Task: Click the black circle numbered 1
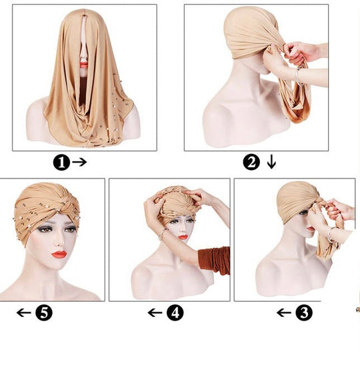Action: pyautogui.click(x=61, y=163)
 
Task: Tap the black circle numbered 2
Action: pyautogui.click(x=251, y=163)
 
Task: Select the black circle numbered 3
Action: pyautogui.click(x=304, y=313)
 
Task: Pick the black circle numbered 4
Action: pyautogui.click(x=175, y=313)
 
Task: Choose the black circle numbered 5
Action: pyautogui.click(x=44, y=313)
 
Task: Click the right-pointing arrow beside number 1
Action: pyautogui.click(x=79, y=162)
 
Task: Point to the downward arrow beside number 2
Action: pyautogui.click(x=271, y=162)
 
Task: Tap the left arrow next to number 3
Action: pyautogui.click(x=284, y=313)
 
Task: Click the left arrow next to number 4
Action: pyautogui.click(x=155, y=313)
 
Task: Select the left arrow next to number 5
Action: pyautogui.click(x=24, y=313)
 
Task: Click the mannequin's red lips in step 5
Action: pyautogui.click(x=59, y=254)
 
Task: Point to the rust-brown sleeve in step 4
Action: pyautogui.click(x=215, y=260)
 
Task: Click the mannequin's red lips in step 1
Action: pyautogui.click(x=83, y=65)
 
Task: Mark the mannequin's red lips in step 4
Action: pyautogui.click(x=183, y=237)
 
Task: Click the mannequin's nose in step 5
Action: pyautogui.click(x=60, y=241)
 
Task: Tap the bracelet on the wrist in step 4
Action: pyautogui.click(x=161, y=234)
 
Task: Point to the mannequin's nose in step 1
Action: pyautogui.click(x=83, y=56)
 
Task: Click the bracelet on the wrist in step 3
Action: pyautogui.click(x=330, y=234)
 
